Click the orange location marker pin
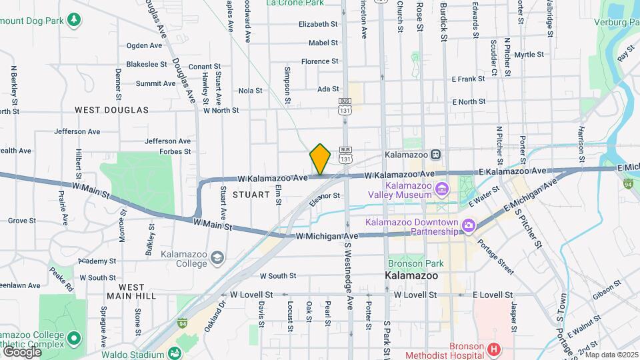tap(320, 159)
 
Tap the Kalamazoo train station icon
tap(435, 154)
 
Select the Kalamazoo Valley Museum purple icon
tap(441, 190)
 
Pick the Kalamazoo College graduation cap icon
tap(217, 257)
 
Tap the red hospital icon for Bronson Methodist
tap(493, 349)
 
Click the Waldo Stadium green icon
tap(175, 353)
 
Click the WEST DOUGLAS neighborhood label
tap(111, 110)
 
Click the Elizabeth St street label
tap(318, 24)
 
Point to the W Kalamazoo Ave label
tap(273, 178)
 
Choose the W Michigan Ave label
tap(327, 236)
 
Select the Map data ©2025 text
tap(611, 355)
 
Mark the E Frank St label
tap(469, 79)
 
